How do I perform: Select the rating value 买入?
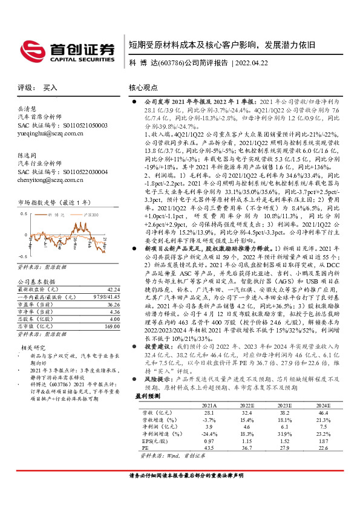[50, 87]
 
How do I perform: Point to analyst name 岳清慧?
[28, 109]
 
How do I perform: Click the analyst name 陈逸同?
[28, 155]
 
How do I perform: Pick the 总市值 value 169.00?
[113, 326]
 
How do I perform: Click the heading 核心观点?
[144, 87]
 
